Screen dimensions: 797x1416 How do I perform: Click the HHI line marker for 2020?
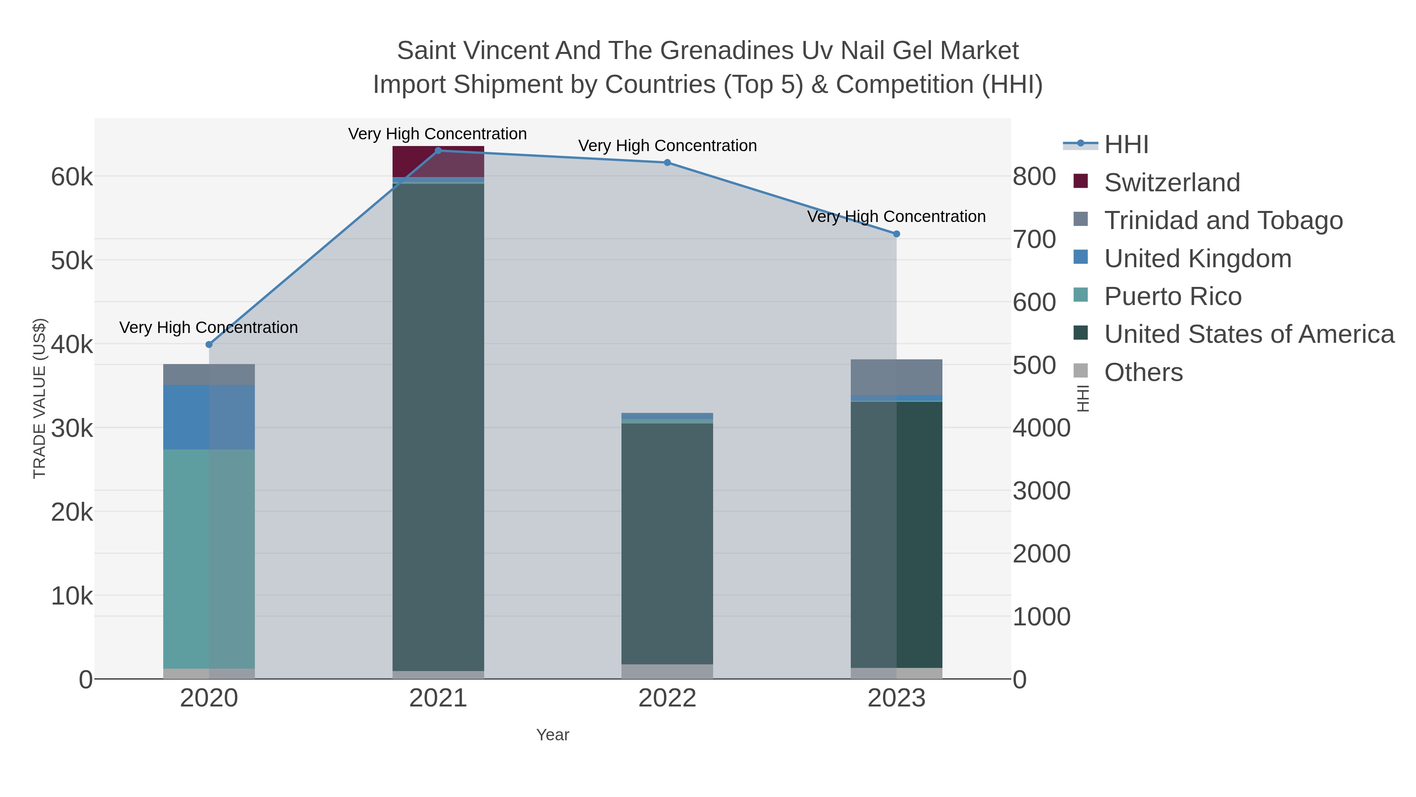point(209,344)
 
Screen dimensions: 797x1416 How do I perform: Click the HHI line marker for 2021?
point(438,151)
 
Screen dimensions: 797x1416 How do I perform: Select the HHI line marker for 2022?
point(667,162)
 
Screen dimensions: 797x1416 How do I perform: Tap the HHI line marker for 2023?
point(896,234)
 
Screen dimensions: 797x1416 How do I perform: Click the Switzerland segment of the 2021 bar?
point(438,162)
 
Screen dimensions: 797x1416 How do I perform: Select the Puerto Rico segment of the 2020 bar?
point(209,558)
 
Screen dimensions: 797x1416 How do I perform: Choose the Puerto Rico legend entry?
point(1173,296)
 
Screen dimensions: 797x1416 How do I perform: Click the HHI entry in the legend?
point(1126,145)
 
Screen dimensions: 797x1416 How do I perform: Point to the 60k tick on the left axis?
point(72,177)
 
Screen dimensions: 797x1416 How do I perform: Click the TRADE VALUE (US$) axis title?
point(40,398)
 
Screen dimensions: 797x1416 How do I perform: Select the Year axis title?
point(553,735)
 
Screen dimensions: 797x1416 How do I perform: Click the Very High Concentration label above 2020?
point(209,327)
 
